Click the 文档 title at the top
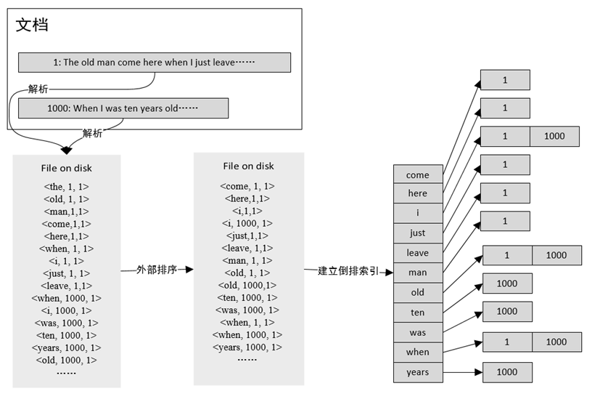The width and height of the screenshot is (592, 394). [33, 25]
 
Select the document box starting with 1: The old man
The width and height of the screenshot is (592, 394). [154, 63]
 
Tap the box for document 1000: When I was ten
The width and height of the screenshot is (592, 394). [123, 108]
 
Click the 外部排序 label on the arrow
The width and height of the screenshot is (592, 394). [157, 269]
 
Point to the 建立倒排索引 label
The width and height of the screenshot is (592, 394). [348, 271]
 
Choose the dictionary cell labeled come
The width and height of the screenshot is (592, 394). [417, 174]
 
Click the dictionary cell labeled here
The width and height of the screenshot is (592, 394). [417, 193]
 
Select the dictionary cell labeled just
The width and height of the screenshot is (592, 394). [417, 233]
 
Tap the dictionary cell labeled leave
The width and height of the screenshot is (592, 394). [417, 253]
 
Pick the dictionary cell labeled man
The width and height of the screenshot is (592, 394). [417, 273]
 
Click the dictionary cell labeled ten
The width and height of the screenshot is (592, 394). [417, 313]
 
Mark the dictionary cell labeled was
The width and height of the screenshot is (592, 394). [417, 332]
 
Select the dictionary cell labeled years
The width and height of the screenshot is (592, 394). [417, 372]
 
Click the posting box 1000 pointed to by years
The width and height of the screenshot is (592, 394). [508, 372]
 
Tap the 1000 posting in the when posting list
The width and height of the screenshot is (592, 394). [556, 342]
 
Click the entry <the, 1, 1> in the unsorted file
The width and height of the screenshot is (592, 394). [66, 186]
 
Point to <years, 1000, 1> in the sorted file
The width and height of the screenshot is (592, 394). [247, 347]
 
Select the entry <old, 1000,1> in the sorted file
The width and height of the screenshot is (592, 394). [247, 285]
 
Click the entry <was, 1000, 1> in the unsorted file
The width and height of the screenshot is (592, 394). [66, 323]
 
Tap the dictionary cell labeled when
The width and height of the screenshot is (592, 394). [417, 352]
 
